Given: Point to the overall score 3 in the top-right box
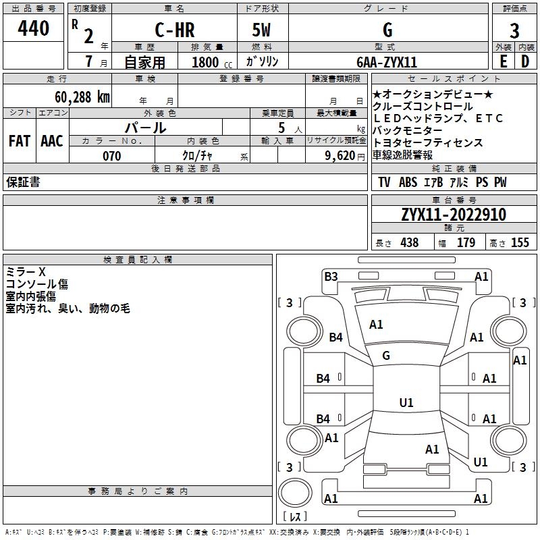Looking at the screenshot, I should (514, 31).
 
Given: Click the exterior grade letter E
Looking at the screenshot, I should (503, 61).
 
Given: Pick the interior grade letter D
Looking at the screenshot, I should (525, 61).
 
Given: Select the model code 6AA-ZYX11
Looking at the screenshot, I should (387, 62).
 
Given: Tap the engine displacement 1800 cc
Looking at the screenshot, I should (209, 62).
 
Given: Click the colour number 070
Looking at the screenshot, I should (111, 156).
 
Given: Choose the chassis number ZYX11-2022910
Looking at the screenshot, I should (453, 215).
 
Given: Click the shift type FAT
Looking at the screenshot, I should (19, 141).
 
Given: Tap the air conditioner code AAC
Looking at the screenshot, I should (52, 141).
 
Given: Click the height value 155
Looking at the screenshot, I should (520, 242).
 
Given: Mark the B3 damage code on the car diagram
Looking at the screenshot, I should (331, 276).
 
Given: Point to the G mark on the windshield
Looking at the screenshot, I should (387, 355).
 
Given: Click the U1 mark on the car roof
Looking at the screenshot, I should (406, 403).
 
